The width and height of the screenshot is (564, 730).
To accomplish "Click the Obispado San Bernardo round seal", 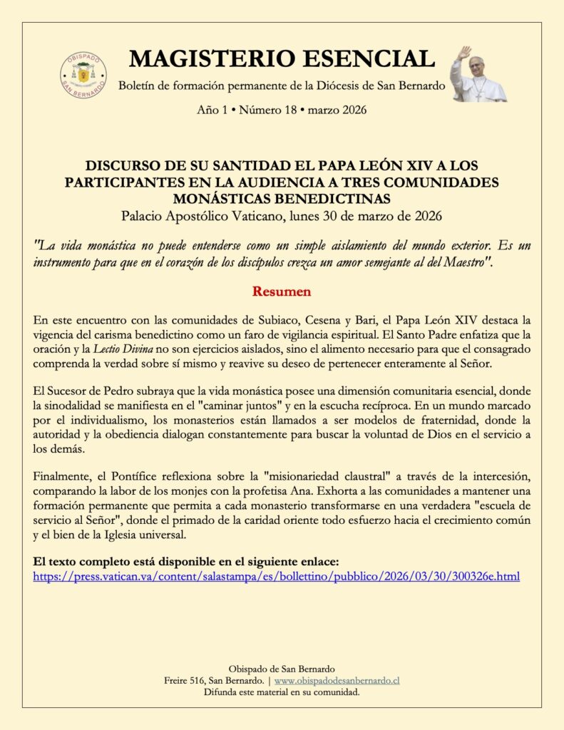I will coord(83,74).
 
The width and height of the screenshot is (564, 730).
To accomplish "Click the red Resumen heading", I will coord(282,292).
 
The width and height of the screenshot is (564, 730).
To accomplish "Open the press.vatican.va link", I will coord(277,576).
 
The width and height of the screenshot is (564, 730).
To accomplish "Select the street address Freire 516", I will coord(186,681).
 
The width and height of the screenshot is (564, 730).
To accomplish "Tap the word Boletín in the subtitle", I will coord(138,86).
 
